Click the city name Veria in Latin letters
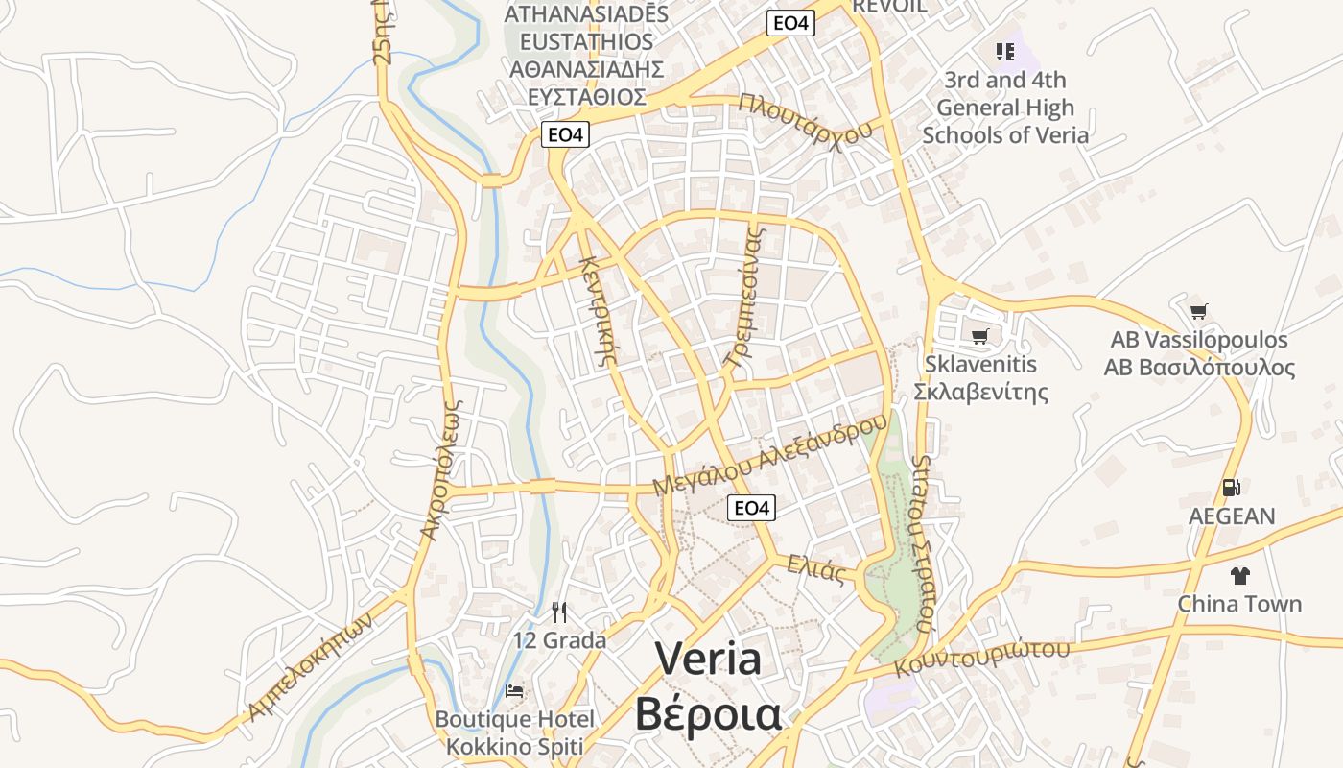pos(708,659)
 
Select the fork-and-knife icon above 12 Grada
pos(560,612)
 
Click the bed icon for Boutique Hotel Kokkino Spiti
pos(514,691)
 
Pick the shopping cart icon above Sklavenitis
pos(979,336)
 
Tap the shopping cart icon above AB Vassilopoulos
pos(1198,311)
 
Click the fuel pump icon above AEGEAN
pos(1232,488)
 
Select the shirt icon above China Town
pos(1239,576)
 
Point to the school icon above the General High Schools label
pos(1004,51)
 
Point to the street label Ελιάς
pos(815,569)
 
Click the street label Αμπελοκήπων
pos(309,665)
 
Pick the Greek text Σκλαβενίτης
pos(979,392)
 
